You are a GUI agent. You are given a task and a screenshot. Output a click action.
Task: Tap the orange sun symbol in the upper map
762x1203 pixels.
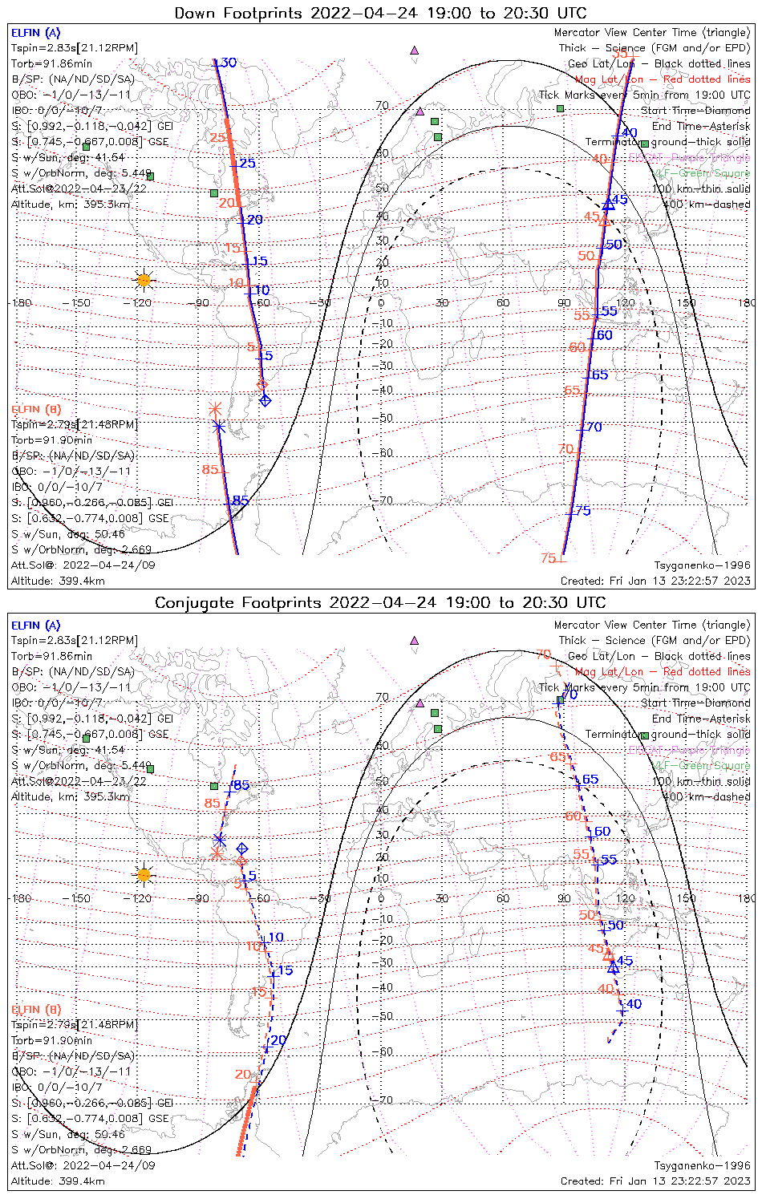(x=144, y=280)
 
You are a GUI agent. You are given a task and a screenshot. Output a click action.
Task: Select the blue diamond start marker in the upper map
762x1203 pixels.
(x=265, y=400)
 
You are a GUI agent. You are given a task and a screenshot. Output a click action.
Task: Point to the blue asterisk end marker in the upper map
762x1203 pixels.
(x=219, y=427)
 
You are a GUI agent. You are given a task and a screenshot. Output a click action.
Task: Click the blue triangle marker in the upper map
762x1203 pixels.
(x=609, y=205)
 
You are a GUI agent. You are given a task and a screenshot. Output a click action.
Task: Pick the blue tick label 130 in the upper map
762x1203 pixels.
(x=225, y=63)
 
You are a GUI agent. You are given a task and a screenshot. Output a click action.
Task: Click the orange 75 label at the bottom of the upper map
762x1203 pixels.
(x=549, y=558)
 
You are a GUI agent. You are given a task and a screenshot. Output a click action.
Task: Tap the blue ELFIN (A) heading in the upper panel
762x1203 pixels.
(x=35, y=33)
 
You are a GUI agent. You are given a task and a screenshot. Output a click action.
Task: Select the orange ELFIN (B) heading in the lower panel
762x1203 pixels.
(x=36, y=1009)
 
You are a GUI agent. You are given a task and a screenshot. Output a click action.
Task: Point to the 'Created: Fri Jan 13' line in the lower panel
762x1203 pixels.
(x=655, y=1181)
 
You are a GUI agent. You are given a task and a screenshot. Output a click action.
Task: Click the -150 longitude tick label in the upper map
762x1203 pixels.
(x=80, y=303)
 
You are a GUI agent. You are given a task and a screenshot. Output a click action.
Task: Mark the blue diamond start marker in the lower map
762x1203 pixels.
(x=241, y=849)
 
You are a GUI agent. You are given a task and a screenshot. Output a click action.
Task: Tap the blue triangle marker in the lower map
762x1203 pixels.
(x=614, y=969)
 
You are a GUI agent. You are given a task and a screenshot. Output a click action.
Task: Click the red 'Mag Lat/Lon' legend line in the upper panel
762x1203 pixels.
(x=663, y=79)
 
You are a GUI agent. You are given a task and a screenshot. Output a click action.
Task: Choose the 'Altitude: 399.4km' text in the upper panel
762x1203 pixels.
(x=59, y=581)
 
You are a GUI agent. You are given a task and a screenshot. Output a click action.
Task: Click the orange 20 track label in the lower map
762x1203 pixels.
(x=243, y=1075)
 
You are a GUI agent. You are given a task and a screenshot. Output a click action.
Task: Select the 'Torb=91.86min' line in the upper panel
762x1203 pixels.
(x=51, y=63)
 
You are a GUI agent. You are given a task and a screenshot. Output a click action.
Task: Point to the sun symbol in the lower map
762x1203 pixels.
(x=144, y=875)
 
